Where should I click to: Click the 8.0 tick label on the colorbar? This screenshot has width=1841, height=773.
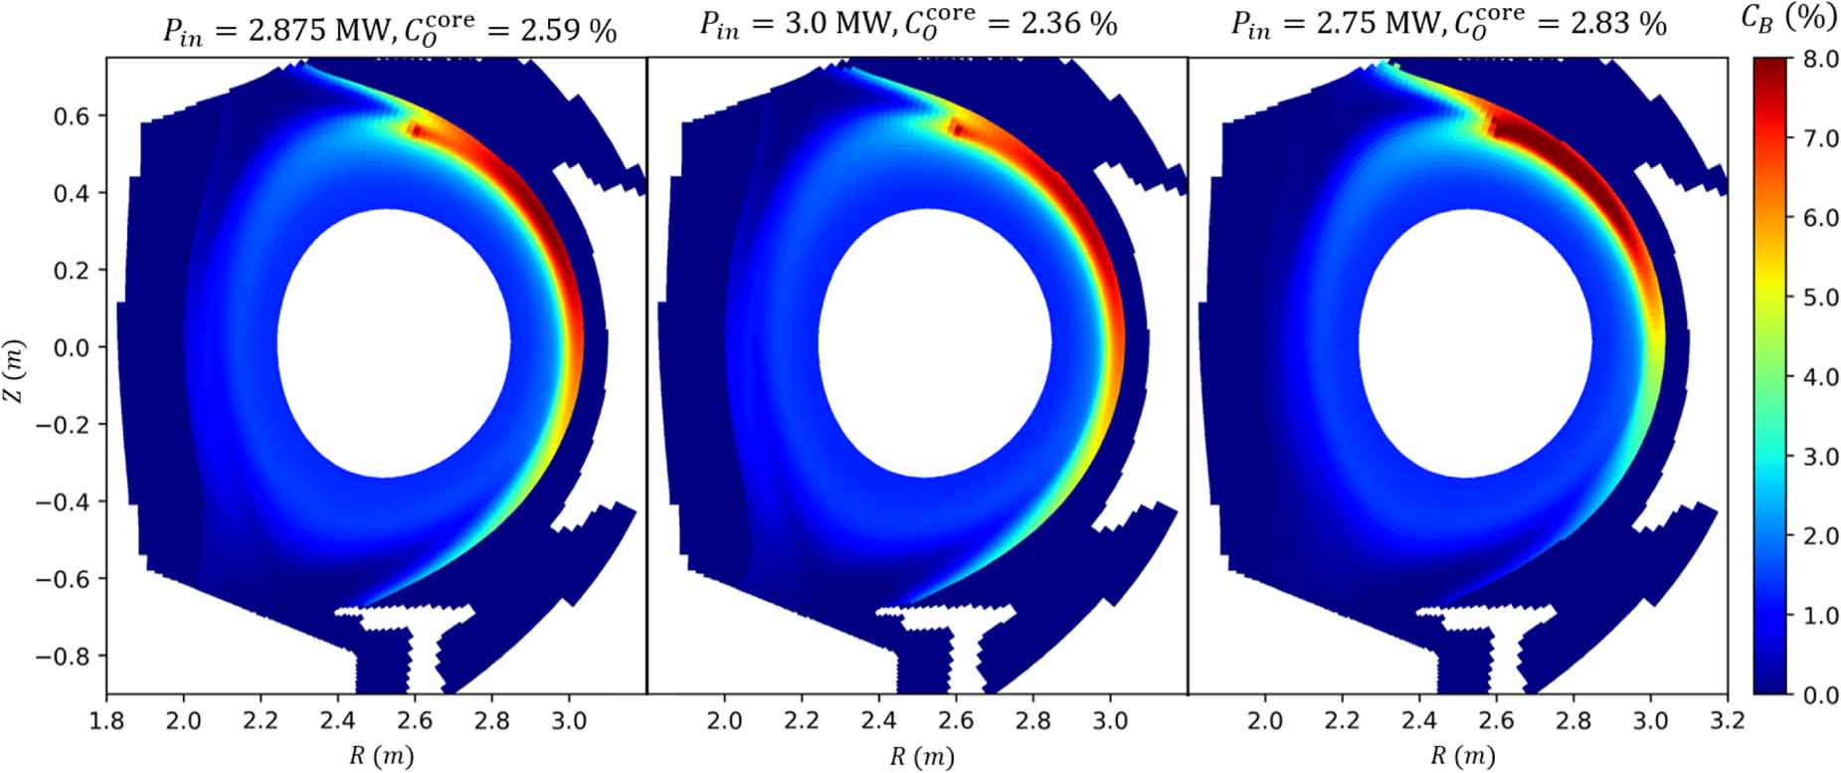[x=1820, y=60]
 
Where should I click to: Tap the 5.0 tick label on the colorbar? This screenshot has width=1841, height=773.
[x=1820, y=297]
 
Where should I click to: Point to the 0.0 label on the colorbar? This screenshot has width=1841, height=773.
[x=1820, y=695]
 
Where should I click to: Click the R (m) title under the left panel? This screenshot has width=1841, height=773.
[x=381, y=756]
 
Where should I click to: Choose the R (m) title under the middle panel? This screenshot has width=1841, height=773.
[x=921, y=756]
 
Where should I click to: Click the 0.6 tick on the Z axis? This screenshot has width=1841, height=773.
[x=71, y=116]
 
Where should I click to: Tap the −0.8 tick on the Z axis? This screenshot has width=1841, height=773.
[x=62, y=657]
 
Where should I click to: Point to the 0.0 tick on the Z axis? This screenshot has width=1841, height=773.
[x=71, y=348]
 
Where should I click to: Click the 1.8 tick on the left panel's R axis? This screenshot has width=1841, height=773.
[x=106, y=719]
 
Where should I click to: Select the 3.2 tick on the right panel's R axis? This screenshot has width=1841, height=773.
[x=1727, y=719]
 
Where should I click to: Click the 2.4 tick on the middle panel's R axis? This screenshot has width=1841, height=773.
[x=878, y=719]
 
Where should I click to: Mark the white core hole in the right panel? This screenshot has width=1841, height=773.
[x=1475, y=343]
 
